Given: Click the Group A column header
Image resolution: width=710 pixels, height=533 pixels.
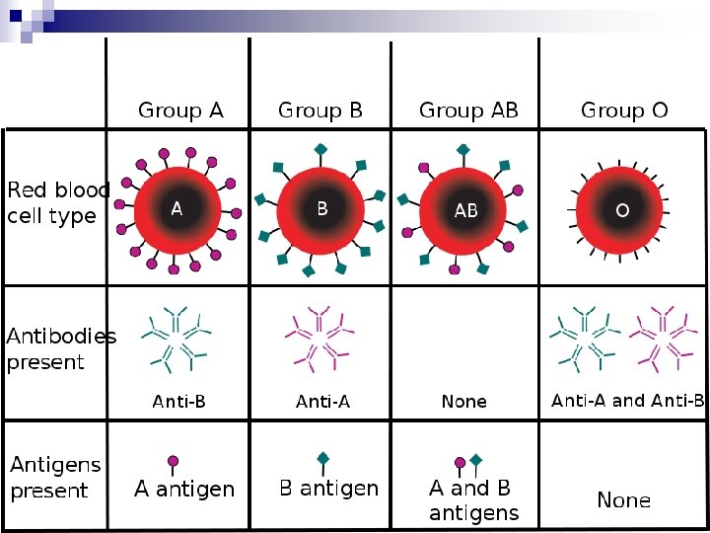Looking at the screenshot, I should (x=180, y=111).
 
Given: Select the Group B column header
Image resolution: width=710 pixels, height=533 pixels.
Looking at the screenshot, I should (x=320, y=111).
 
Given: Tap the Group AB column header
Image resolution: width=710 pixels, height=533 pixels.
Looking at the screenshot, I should (x=468, y=111).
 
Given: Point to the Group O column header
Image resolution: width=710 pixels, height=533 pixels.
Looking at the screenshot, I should (x=624, y=111).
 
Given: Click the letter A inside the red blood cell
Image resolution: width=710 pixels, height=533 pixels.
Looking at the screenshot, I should (x=177, y=209).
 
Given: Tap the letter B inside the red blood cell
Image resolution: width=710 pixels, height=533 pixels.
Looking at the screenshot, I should (x=321, y=209).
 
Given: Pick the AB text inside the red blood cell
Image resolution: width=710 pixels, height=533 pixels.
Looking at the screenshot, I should (x=465, y=211).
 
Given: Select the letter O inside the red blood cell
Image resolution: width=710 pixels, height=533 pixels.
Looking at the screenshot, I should (x=623, y=210).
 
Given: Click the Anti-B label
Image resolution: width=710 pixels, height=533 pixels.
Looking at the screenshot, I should (x=178, y=402).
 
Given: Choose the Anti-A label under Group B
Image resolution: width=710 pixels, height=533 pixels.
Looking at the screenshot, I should (x=322, y=402).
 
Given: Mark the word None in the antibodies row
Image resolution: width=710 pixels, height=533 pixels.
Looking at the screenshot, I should (x=463, y=402).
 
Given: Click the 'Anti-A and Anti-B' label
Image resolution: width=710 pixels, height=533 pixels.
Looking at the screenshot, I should (x=627, y=401).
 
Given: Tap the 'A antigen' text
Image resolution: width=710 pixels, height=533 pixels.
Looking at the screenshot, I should (x=184, y=489).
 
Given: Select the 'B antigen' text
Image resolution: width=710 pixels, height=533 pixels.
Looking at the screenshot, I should (x=328, y=488).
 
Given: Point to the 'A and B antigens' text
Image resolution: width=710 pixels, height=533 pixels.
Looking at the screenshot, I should (x=473, y=500).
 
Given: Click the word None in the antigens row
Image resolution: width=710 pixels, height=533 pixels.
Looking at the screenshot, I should (x=623, y=500).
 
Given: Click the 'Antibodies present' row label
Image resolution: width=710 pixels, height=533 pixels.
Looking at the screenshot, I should (x=61, y=348).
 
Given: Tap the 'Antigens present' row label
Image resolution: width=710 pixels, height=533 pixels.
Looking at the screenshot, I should (x=55, y=477).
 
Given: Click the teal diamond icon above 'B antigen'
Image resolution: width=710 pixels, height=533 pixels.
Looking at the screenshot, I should (x=321, y=458).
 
